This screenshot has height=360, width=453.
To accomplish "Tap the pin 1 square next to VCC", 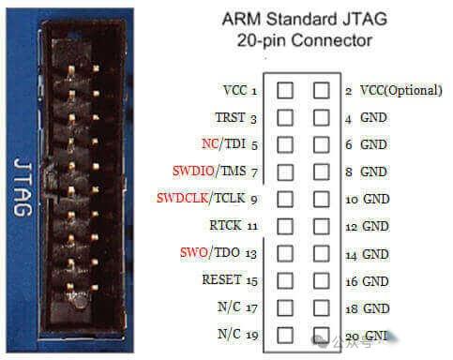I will coord(285,91).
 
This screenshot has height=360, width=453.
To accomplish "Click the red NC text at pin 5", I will coord(209,145).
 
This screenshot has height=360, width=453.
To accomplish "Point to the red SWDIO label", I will coord(192,172).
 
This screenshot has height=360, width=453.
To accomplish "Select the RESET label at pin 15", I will coord(222,279).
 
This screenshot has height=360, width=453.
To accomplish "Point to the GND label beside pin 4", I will coord(373,118).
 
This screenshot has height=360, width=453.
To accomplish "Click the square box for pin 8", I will coord(322,172).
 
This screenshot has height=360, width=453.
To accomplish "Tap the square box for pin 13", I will coord(285,253).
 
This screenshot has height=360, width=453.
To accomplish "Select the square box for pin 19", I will coord(285,334).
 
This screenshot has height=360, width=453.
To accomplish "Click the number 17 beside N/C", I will coord(253,307).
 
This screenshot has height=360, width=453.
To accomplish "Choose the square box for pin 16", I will coord(322,280).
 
